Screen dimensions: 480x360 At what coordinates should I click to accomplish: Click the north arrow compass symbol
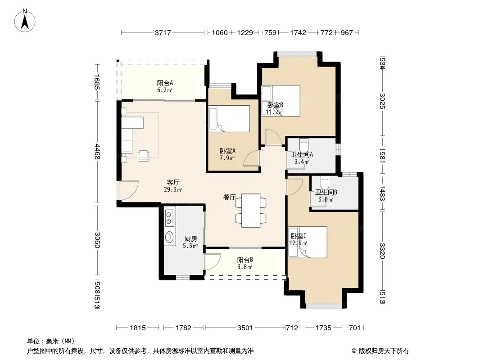point(25,20)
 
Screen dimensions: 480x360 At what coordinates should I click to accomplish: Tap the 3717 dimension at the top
point(163,32)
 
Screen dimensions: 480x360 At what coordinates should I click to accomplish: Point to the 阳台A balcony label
point(165,83)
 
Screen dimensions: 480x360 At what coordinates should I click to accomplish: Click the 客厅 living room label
point(173,183)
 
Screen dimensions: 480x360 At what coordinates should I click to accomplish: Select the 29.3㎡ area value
point(173,189)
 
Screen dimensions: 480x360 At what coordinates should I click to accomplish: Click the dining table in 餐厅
point(251,211)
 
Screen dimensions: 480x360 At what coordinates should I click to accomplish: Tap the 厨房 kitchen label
point(191,239)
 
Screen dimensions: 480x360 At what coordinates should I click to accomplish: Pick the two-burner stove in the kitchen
point(169,217)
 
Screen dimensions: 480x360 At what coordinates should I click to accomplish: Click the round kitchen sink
point(169,237)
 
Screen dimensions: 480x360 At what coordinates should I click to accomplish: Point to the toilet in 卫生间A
point(303,144)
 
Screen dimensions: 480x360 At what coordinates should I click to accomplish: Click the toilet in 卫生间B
point(325,183)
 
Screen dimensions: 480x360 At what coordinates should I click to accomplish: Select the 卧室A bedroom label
point(227,151)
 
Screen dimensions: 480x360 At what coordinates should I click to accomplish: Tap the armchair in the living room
point(144,156)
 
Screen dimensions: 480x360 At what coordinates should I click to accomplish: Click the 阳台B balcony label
point(245,260)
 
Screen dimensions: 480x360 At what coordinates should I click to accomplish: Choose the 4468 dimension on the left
point(97,151)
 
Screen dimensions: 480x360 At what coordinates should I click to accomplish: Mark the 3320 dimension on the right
point(382,251)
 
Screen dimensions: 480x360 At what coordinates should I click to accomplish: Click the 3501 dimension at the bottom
point(245,328)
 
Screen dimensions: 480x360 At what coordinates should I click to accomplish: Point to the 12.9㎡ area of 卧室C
point(298,243)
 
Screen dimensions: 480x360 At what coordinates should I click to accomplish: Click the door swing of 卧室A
point(252,158)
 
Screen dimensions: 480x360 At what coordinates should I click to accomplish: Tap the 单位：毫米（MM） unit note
point(51,341)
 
